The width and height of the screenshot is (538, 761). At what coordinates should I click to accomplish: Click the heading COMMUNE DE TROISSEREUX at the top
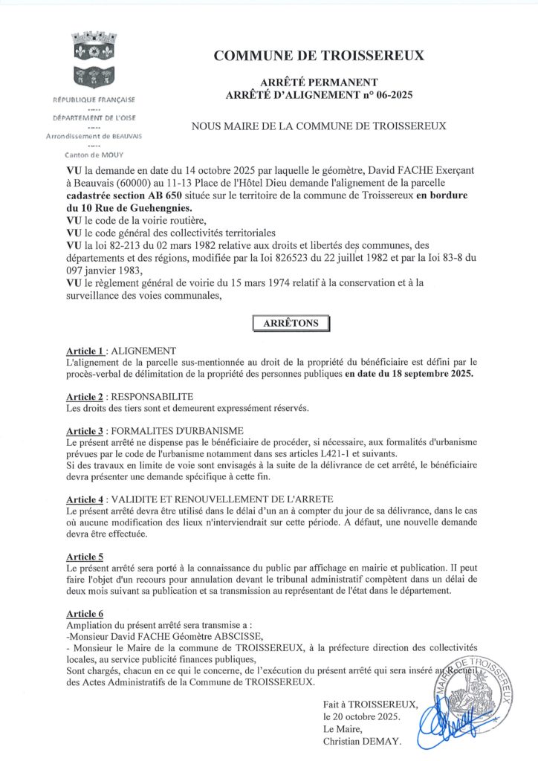pyautogui.click(x=319, y=56)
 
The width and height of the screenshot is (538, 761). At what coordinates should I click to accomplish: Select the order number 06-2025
pyautogui.click(x=389, y=94)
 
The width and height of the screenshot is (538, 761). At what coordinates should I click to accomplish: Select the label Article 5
pyautogui.click(x=85, y=556)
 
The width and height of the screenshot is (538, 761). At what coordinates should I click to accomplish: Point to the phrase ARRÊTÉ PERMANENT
pyautogui.click(x=319, y=82)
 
